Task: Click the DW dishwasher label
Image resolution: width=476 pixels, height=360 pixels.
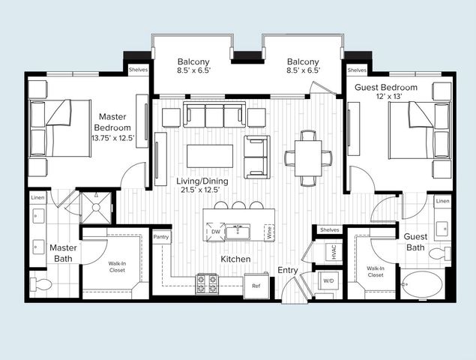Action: point(216,232)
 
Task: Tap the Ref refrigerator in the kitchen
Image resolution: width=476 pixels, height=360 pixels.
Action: point(256,286)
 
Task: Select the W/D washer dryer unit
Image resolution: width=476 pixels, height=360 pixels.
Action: point(328,280)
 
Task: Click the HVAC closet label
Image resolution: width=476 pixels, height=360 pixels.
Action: point(334,252)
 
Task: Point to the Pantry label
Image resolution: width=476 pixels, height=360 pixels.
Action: point(161,237)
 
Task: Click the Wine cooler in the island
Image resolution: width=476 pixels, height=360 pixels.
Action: point(269,232)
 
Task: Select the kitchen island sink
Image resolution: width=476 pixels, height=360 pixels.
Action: point(238,232)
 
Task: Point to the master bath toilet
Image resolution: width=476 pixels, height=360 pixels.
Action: point(41,284)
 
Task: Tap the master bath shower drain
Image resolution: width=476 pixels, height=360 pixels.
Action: point(96,208)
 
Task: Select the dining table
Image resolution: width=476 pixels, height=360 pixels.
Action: point(308,158)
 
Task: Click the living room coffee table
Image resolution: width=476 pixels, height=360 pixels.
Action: point(210,156)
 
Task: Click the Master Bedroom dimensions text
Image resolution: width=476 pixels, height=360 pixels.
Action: point(113,138)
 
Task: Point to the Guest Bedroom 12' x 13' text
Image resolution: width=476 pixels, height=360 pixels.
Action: point(385,97)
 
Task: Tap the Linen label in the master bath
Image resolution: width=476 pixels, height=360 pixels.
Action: point(38,197)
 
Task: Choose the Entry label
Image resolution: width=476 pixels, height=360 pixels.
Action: point(288,270)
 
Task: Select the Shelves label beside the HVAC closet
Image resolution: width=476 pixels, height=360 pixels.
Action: point(329,229)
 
